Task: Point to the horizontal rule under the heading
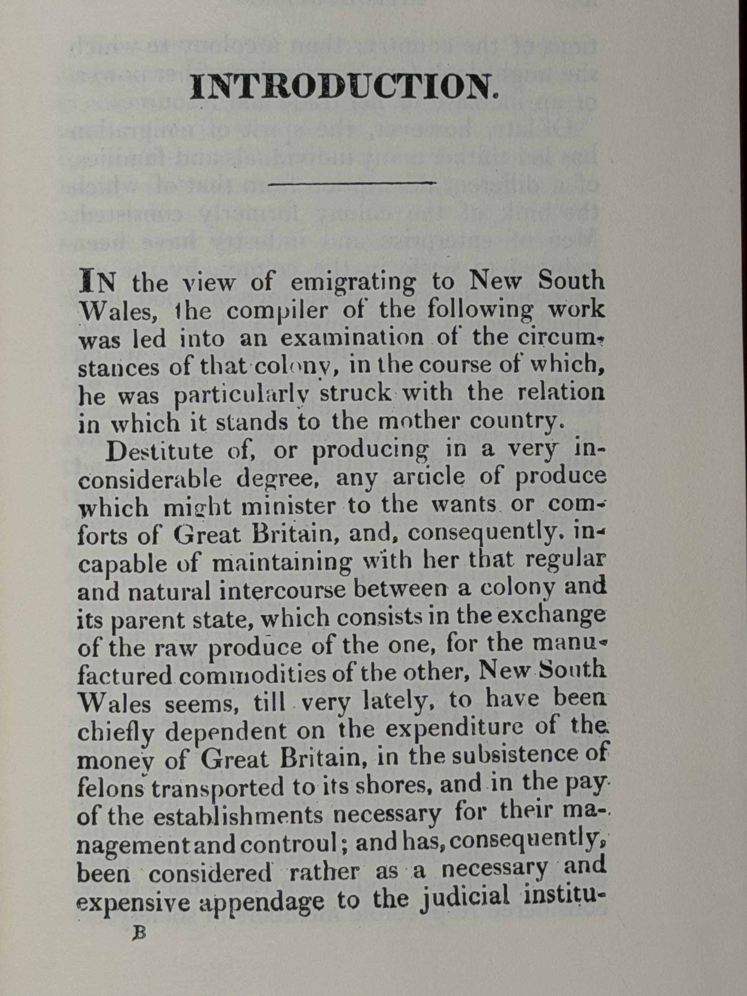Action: [352, 183]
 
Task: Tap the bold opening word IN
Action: [97, 282]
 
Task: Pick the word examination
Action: [352, 338]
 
